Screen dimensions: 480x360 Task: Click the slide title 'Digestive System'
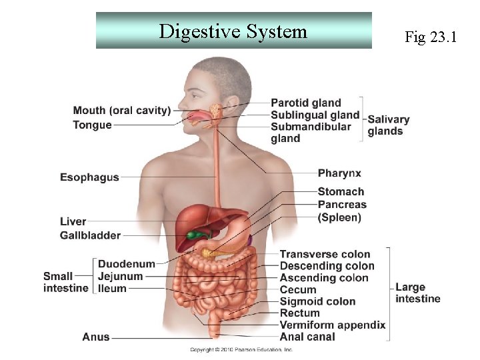(233, 31)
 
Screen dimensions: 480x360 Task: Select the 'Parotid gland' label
(305, 103)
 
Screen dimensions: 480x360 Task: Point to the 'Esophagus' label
(89, 177)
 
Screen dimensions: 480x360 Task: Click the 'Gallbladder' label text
(90, 235)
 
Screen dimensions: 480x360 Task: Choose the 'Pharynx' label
(339, 173)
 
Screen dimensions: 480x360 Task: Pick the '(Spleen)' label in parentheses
(339, 217)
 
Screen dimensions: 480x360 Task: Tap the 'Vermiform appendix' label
(332, 325)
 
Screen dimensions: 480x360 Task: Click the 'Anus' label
(96, 337)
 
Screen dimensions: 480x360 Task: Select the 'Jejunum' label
(120, 277)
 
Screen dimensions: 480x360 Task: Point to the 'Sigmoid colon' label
(317, 301)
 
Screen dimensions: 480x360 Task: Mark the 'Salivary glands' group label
(388, 125)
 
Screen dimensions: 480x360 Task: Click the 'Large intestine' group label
(417, 293)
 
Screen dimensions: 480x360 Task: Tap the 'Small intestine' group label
(65, 282)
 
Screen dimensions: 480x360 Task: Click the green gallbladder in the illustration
(194, 235)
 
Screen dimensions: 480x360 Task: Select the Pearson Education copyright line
(241, 349)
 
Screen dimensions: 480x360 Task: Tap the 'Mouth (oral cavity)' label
(122, 111)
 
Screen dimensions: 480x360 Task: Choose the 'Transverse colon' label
(325, 254)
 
